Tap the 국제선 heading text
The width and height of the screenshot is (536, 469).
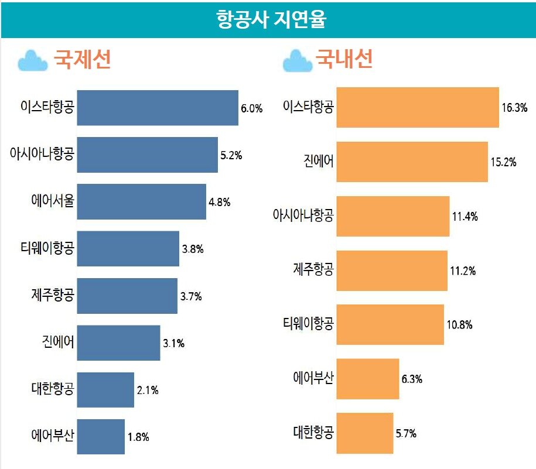coord(83,60)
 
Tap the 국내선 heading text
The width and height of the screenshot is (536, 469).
coord(344,60)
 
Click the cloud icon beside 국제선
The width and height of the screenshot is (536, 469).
coord(33,60)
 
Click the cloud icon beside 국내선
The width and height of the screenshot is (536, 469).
coord(298,61)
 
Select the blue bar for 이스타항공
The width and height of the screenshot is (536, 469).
coord(158,108)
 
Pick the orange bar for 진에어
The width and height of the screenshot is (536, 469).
coord(412,162)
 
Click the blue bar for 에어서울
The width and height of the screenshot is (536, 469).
coord(141,202)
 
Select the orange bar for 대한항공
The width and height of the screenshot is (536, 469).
coord(364,433)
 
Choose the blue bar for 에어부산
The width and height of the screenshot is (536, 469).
coord(101,437)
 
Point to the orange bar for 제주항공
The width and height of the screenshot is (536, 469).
coord(392,271)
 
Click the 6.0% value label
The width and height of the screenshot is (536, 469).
coord(251,108)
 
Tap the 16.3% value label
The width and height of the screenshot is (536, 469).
coord(514,108)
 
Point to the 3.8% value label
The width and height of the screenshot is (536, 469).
coord(192,249)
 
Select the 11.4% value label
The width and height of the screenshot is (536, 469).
coord(465,217)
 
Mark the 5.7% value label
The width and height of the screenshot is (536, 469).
coord(405,434)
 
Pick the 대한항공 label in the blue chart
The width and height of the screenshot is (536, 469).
coord(53,389)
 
